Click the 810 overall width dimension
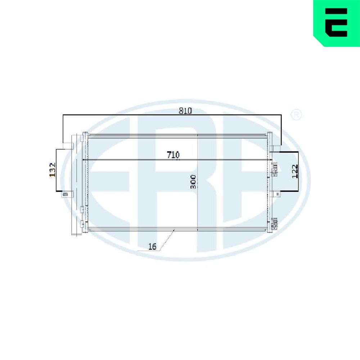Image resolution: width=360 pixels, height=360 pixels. click(185, 111)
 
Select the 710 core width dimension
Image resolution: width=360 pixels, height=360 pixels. click(173, 155)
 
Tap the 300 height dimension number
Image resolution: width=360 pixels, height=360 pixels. click(194, 181)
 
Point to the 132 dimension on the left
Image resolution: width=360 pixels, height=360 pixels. click(53, 170)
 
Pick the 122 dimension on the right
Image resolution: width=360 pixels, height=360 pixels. click(295, 171)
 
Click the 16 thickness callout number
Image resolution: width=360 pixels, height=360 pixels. click(152, 247)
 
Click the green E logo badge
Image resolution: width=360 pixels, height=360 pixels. click(337, 23)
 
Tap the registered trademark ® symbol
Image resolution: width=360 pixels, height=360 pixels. click(296, 115)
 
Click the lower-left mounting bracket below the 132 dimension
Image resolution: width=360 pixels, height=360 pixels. click(68, 194)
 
